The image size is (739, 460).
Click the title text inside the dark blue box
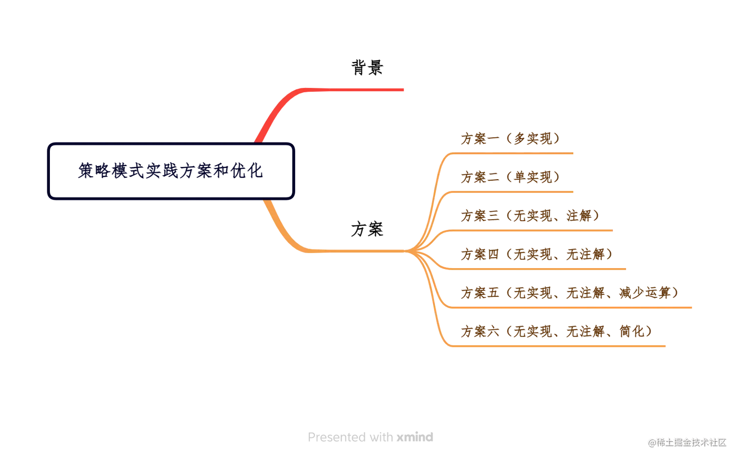pyautogui.click(x=171, y=171)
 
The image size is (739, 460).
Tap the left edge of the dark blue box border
pyautogui.click(x=48, y=171)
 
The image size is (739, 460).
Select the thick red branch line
pyautogui.click(x=352, y=90)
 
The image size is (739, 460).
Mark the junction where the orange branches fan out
pyautogui.click(x=413, y=251)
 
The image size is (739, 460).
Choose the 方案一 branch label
pyautogui.click(x=509, y=138)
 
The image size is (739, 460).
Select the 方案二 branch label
pyautogui.click(x=509, y=177)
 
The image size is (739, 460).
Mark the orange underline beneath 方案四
pyautogui.click(x=538, y=269)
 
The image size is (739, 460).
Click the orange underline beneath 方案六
pyautogui.click(x=557, y=347)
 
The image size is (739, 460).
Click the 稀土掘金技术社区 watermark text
pyautogui.click(x=691, y=442)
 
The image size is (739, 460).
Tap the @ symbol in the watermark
pyautogui.click(x=652, y=442)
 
